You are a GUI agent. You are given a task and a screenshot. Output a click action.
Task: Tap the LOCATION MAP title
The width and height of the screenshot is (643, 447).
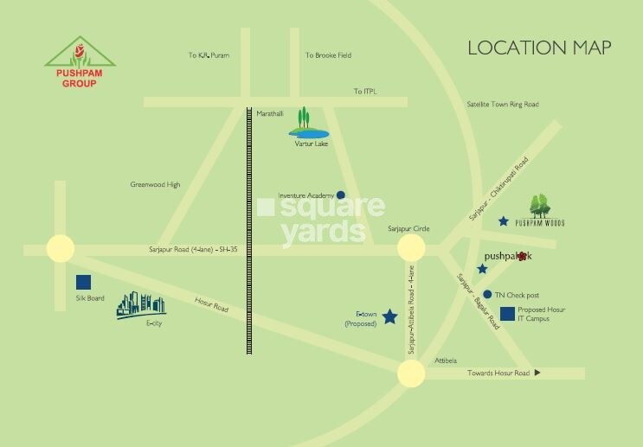(x=539, y=48)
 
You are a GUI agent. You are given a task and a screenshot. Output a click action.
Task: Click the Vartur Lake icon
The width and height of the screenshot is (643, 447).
(x=305, y=124)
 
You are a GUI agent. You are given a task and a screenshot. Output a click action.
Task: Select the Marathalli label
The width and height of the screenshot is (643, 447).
(x=270, y=113)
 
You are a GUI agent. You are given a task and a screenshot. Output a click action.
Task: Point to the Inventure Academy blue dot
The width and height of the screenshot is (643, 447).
(x=341, y=195)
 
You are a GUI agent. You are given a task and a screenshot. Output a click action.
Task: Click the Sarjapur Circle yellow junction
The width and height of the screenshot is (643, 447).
(x=411, y=249)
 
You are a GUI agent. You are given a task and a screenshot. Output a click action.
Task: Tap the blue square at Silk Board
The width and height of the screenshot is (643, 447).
(x=84, y=282)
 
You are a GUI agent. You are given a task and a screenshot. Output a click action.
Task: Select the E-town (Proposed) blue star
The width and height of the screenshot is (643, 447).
(x=389, y=317)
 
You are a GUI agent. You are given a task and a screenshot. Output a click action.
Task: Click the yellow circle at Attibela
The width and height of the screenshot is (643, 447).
(x=411, y=374)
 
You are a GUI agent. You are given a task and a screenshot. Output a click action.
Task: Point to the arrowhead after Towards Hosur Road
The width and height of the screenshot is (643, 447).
(x=537, y=373)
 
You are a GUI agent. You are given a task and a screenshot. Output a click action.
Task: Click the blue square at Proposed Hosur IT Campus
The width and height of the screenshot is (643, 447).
(x=507, y=312)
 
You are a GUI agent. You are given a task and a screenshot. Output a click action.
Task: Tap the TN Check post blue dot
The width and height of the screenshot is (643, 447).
(x=488, y=294)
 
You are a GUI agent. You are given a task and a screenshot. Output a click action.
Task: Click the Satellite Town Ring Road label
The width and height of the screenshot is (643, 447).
(x=502, y=104)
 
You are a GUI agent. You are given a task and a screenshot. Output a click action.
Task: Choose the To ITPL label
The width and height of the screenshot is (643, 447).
(x=366, y=91)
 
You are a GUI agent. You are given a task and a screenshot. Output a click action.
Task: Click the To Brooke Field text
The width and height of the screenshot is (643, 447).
(x=328, y=55)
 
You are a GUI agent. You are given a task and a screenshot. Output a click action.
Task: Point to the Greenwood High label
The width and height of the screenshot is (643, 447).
(x=155, y=184)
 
